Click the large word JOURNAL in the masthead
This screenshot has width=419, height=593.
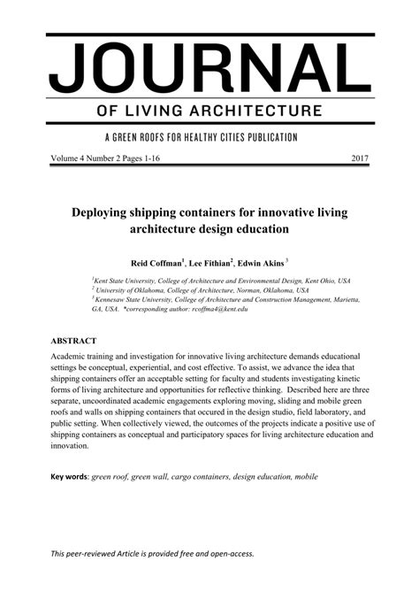point(209,69)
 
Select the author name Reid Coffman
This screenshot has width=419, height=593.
point(155,263)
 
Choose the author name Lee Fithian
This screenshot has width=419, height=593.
point(209,263)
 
